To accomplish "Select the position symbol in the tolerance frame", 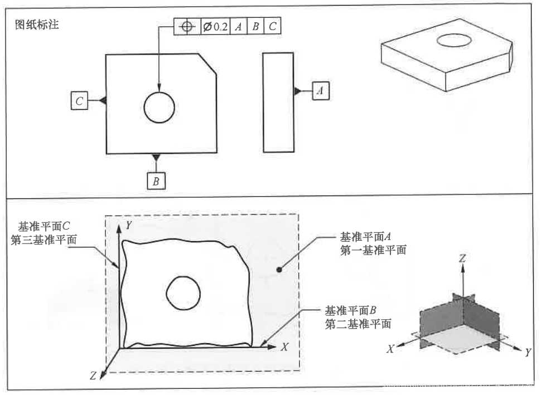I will coord(186,26).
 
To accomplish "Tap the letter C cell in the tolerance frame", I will coord(272,26).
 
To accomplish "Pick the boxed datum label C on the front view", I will coord(80,101).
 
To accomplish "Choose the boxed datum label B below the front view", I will coord(156,181).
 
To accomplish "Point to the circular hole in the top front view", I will coord(160,108).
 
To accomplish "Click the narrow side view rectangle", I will coord(278,102).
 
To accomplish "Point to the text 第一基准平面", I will coord(373,251).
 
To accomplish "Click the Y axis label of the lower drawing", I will coord(128,225).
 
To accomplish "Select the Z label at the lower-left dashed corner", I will coord(93,376).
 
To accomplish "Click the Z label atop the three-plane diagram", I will coord(462,259).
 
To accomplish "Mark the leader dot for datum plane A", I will coord(278,270).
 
